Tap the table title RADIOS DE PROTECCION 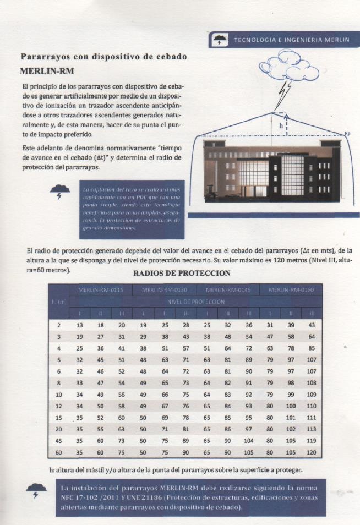click(182, 273)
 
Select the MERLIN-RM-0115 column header click(101, 290)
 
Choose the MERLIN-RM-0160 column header click(290, 290)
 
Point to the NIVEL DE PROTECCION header click(196, 302)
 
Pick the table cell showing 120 click(313, 452)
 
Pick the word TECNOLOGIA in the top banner click(255, 40)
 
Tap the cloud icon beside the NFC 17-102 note click(37, 489)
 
